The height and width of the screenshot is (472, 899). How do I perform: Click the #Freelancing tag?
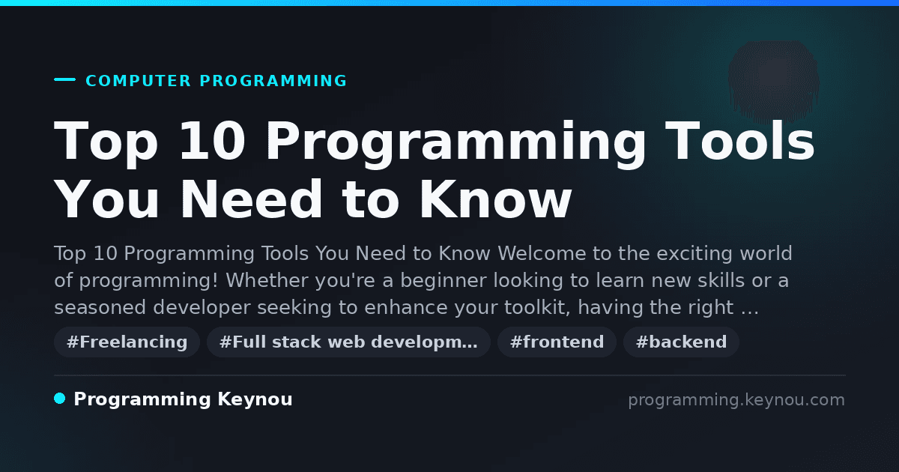pos(127,342)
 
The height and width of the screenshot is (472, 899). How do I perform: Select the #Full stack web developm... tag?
pos(348,342)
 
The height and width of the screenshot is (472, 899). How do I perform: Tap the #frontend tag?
pos(557,342)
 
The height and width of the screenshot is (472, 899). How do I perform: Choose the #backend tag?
pos(681,342)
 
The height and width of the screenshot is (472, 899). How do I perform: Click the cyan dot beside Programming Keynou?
pos(60,399)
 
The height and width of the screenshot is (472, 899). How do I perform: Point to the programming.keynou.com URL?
pos(736,400)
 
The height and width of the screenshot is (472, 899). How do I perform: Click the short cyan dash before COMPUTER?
pos(65,79)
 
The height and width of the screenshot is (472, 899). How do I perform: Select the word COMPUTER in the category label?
pos(138,81)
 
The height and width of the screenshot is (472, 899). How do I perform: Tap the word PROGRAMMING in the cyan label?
pos(273,81)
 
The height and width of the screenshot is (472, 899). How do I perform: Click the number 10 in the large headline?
pos(212,141)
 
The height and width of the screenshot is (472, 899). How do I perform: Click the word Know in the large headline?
pos(496,199)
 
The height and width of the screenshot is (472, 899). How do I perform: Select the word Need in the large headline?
pos(251,199)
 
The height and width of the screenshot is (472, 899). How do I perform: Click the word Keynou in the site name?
pos(255,399)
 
